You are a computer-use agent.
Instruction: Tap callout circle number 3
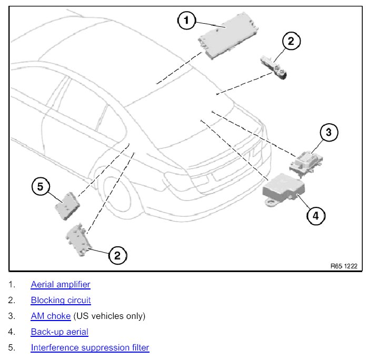(329, 132)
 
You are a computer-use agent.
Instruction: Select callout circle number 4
(315, 215)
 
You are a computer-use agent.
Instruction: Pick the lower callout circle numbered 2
(117, 255)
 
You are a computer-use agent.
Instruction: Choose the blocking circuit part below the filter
(79, 240)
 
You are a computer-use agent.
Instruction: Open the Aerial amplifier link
(61, 284)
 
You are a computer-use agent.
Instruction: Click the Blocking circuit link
(61, 300)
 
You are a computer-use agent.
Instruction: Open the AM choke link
(51, 316)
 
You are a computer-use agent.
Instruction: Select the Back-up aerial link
(59, 332)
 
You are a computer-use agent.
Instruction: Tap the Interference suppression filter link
(90, 347)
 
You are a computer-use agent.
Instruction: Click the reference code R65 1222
(344, 266)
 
